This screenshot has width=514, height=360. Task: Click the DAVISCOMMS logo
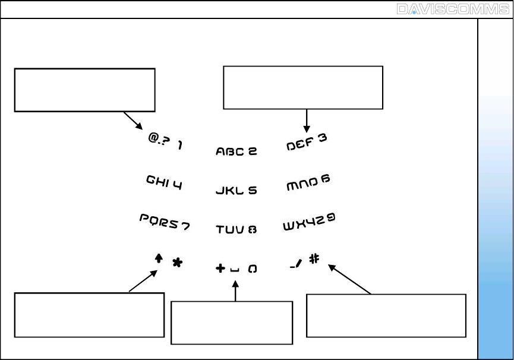(452, 10)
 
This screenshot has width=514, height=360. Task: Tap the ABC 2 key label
(236, 151)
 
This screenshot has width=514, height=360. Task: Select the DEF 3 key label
(307, 142)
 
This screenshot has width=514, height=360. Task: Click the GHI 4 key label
(164, 182)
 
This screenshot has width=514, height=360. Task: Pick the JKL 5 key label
(236, 191)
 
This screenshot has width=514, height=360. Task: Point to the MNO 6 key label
(308, 182)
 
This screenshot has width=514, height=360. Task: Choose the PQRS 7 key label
(165, 221)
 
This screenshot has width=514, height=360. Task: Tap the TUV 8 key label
(236, 229)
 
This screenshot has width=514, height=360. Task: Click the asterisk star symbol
(177, 263)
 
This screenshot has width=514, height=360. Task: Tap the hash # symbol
(314, 259)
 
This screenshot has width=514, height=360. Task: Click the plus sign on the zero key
(220, 269)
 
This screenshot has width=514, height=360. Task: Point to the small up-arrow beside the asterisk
(159, 258)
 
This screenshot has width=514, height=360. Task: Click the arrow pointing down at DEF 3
(307, 121)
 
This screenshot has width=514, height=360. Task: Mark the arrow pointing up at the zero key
(236, 292)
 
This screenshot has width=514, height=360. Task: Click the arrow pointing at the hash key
(349, 279)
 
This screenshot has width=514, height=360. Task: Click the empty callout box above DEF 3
(302, 87)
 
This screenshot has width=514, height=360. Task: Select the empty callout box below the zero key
(232, 323)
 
